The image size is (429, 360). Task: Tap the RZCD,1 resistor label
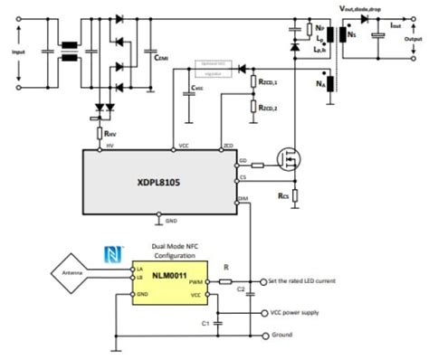click(268, 83)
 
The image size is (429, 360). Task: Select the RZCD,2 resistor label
click(268, 109)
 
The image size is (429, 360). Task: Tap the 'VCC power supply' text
click(296, 313)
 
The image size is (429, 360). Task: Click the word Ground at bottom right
click(281, 335)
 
